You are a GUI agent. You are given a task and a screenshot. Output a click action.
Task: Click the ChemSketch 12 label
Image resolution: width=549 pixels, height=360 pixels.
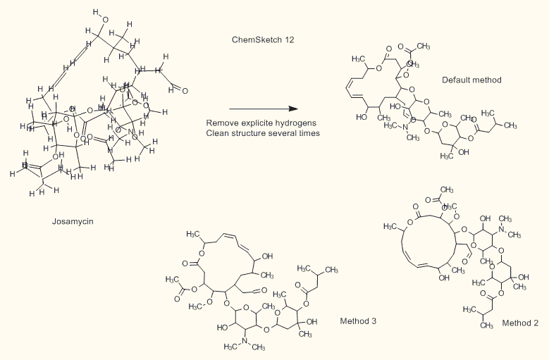[263, 39]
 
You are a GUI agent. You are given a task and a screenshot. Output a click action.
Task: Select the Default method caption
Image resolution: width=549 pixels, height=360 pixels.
[471, 80]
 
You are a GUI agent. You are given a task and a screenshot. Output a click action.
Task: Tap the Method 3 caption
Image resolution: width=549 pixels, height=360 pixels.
[358, 321]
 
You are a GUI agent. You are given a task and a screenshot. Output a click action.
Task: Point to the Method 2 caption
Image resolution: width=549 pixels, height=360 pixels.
[520, 323]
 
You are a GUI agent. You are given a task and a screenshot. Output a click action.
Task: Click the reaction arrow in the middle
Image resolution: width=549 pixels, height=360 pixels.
[260, 109]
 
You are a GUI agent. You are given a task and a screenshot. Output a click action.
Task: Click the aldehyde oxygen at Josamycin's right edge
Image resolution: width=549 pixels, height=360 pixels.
[185, 90]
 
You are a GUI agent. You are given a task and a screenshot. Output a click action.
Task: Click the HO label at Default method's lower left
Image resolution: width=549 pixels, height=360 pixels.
[362, 118]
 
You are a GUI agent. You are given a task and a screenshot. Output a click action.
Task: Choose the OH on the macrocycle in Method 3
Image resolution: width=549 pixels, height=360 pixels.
[267, 256]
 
